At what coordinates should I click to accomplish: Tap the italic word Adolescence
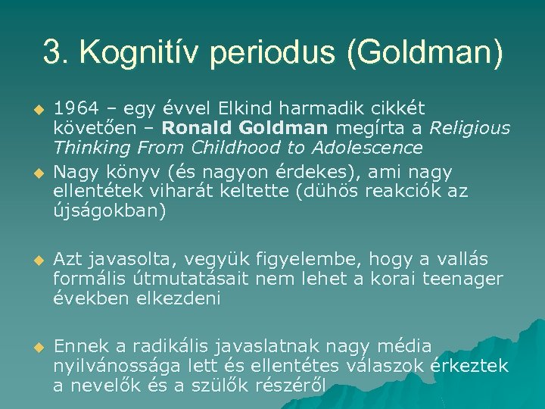pyautogui.click(x=367, y=147)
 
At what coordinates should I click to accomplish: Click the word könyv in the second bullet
pyautogui.click(x=120, y=173)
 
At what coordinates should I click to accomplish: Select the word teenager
pyautogui.click(x=462, y=279)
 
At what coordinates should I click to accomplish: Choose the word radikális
pyautogui.click(x=173, y=346)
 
